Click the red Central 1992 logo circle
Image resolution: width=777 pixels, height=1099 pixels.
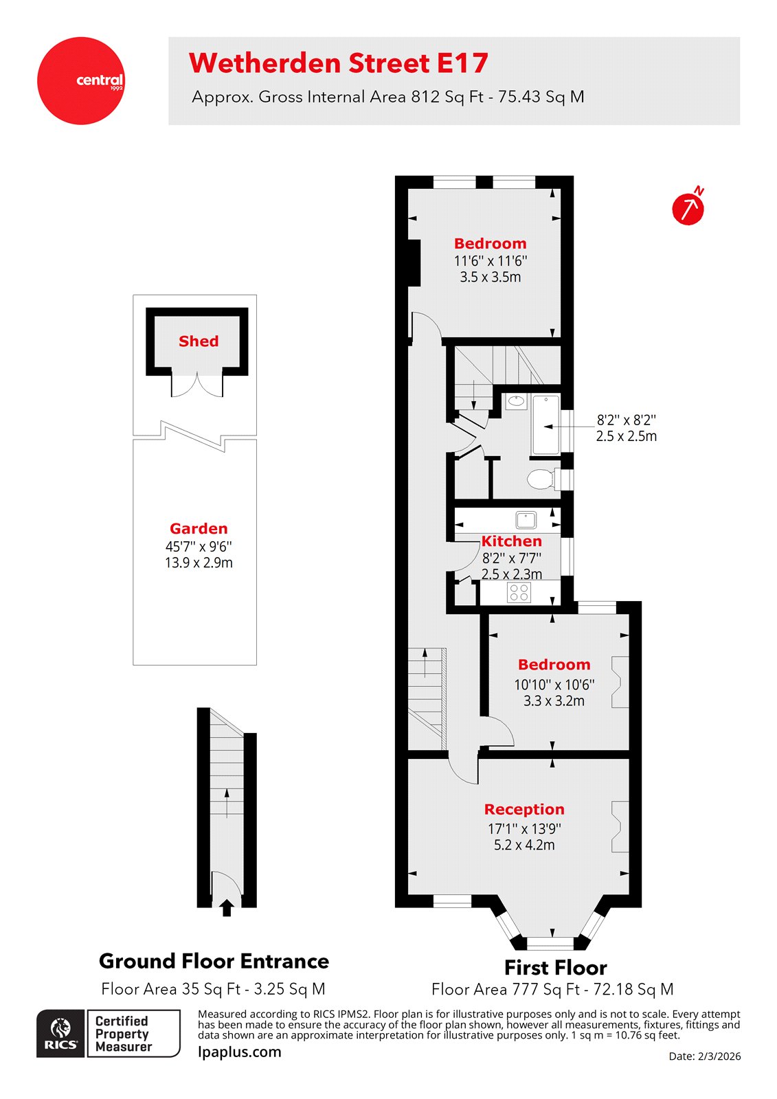pos(81,81)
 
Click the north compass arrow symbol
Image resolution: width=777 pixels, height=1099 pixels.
pos(688,209)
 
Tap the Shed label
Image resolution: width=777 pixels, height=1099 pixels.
pos(199,341)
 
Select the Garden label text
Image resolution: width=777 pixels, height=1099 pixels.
pos(199,529)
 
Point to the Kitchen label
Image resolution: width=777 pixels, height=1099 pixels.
pos(511,541)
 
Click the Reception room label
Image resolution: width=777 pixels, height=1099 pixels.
pos(524,809)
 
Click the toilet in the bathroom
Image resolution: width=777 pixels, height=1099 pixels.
pos(543,479)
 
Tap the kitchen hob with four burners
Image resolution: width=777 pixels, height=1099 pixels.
pos(519,592)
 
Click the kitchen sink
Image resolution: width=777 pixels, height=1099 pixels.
pos(526,518)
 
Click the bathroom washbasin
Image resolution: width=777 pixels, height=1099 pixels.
pos(517,401)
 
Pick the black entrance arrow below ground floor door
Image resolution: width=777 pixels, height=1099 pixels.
pos(227,908)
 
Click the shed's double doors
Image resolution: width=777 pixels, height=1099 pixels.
pos(197,385)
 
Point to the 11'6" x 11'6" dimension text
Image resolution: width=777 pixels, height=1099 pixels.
pos(491,261)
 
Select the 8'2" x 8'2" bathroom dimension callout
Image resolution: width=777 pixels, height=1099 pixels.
pos(626,428)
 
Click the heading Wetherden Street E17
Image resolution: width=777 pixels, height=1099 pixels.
pos(338,63)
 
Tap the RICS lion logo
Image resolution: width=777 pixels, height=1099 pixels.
pos(60,1033)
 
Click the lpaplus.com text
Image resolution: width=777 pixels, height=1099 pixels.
pos(239,1052)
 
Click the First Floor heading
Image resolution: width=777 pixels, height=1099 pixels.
pos(555,968)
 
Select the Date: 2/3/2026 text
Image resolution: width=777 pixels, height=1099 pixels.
pos(704,1056)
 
